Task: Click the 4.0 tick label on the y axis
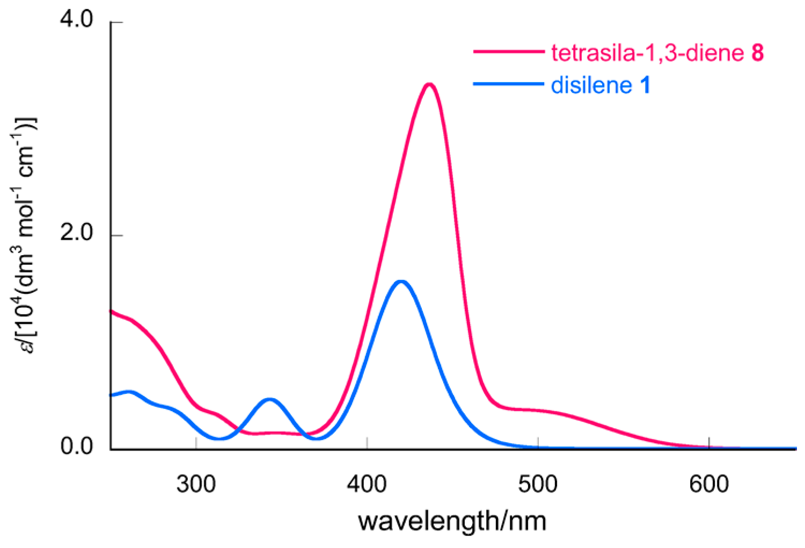point(77,20)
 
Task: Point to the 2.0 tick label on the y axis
point(77,234)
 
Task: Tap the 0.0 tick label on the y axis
point(77,447)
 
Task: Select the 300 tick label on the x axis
point(196,484)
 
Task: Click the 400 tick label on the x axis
point(367,484)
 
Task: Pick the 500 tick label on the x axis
point(538,484)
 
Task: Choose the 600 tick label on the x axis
point(709,484)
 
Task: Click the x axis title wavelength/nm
point(452,521)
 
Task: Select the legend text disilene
point(591,85)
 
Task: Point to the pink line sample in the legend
point(508,52)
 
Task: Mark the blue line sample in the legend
point(508,84)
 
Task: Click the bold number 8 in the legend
point(757,53)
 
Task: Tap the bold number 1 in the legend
point(645,85)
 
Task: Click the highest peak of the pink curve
point(428,84)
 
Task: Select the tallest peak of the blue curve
point(400,281)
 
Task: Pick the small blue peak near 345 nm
point(269,399)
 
